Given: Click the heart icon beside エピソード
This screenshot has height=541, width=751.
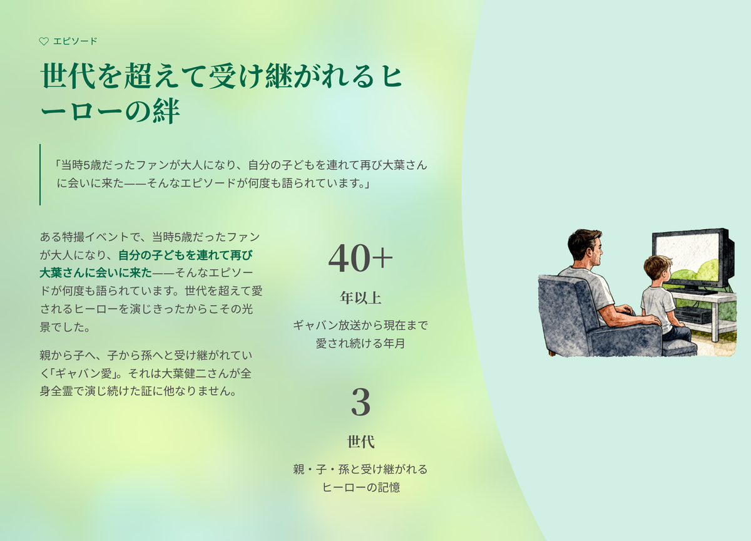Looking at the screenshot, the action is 44,41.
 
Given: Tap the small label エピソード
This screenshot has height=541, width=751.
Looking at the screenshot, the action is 75,41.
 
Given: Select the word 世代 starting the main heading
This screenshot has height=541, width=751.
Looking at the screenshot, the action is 68,76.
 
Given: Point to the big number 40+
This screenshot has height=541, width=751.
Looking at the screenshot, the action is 360,258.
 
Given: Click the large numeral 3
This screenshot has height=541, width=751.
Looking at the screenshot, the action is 360,402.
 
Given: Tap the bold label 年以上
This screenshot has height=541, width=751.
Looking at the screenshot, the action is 360,298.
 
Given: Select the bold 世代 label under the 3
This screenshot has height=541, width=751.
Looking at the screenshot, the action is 360,441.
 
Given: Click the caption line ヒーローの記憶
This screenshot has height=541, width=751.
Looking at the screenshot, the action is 361,487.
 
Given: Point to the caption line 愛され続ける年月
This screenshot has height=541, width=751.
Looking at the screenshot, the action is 360,344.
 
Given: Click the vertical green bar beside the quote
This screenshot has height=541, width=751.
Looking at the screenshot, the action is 40,175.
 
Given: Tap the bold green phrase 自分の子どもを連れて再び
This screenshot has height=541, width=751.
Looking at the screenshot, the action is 185,255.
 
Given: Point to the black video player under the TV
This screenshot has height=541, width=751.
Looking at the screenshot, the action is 693,316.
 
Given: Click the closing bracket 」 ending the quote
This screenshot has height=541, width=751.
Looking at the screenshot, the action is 367,183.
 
